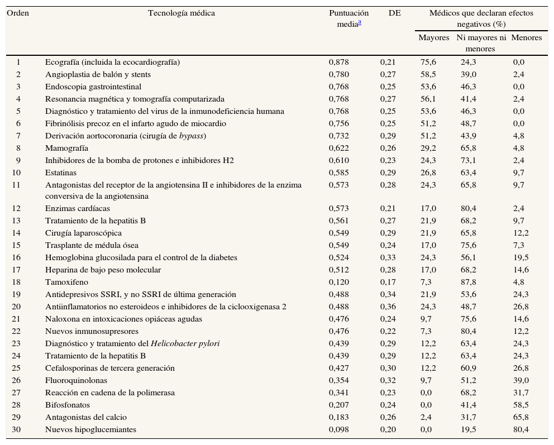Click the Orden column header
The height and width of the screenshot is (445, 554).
tap(18, 13)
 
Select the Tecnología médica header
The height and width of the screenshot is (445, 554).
tap(181, 13)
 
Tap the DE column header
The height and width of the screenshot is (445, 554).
tap(394, 13)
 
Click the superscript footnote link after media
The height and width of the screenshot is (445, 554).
tap(360, 22)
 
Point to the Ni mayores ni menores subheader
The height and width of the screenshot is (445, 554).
tap(481, 43)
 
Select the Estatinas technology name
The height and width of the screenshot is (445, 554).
tap(61, 173)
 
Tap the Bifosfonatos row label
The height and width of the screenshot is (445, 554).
tap(68, 405)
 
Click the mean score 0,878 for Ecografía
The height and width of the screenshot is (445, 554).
tap(338, 62)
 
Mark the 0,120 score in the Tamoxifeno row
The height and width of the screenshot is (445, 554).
tap(338, 282)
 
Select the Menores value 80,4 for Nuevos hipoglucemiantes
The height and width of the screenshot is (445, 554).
tap(520, 429)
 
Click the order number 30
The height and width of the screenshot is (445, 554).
tap(18, 429)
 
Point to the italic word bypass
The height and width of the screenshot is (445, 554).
tap(191, 136)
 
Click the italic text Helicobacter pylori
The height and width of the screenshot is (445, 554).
tap(185, 343)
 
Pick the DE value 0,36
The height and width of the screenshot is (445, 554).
tap(388, 307)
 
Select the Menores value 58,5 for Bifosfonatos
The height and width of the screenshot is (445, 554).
tap(520, 405)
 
